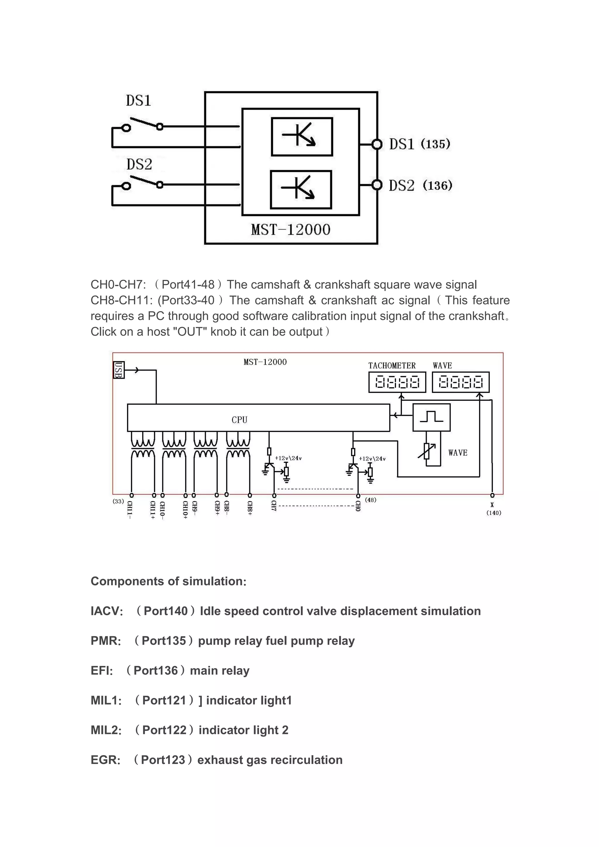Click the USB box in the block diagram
(118, 370)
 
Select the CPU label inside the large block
(239, 420)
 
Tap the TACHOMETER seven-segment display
(397, 382)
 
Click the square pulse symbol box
(431, 417)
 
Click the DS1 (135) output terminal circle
(377, 144)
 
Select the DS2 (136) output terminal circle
(377, 185)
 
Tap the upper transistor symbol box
(302, 137)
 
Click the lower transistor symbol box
(301, 190)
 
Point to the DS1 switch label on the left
(138, 101)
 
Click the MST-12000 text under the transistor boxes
(291, 230)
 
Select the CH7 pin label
(274, 506)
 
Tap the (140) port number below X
(493, 513)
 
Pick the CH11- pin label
(130, 510)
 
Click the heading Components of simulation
(168, 581)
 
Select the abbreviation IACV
(106, 611)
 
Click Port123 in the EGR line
(163, 760)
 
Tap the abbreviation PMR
(106, 641)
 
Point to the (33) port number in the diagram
(118, 501)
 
